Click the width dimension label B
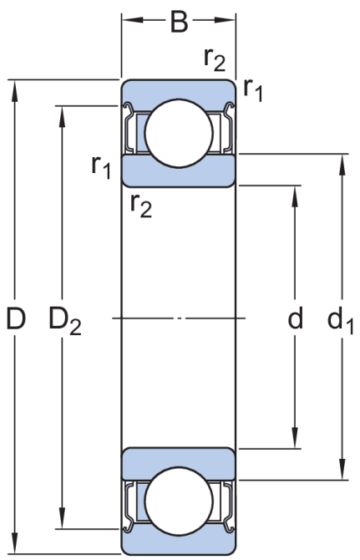(x=179, y=22)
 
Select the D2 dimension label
(x=65, y=320)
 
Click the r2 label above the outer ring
(x=215, y=59)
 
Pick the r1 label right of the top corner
(x=253, y=89)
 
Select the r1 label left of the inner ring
(x=101, y=167)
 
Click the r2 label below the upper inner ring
(x=141, y=206)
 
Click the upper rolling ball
(x=179, y=133)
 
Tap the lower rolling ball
(x=179, y=501)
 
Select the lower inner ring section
(x=179, y=463)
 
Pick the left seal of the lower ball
(x=129, y=505)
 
